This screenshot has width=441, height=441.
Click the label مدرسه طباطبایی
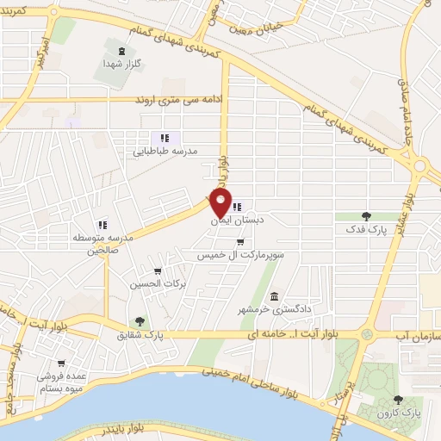pos(165,150)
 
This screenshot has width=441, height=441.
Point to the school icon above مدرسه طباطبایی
pos(165,136)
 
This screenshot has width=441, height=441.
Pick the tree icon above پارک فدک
pos(367,216)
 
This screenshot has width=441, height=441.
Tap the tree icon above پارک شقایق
pos(140,320)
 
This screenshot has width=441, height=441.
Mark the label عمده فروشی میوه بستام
pos(59,382)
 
